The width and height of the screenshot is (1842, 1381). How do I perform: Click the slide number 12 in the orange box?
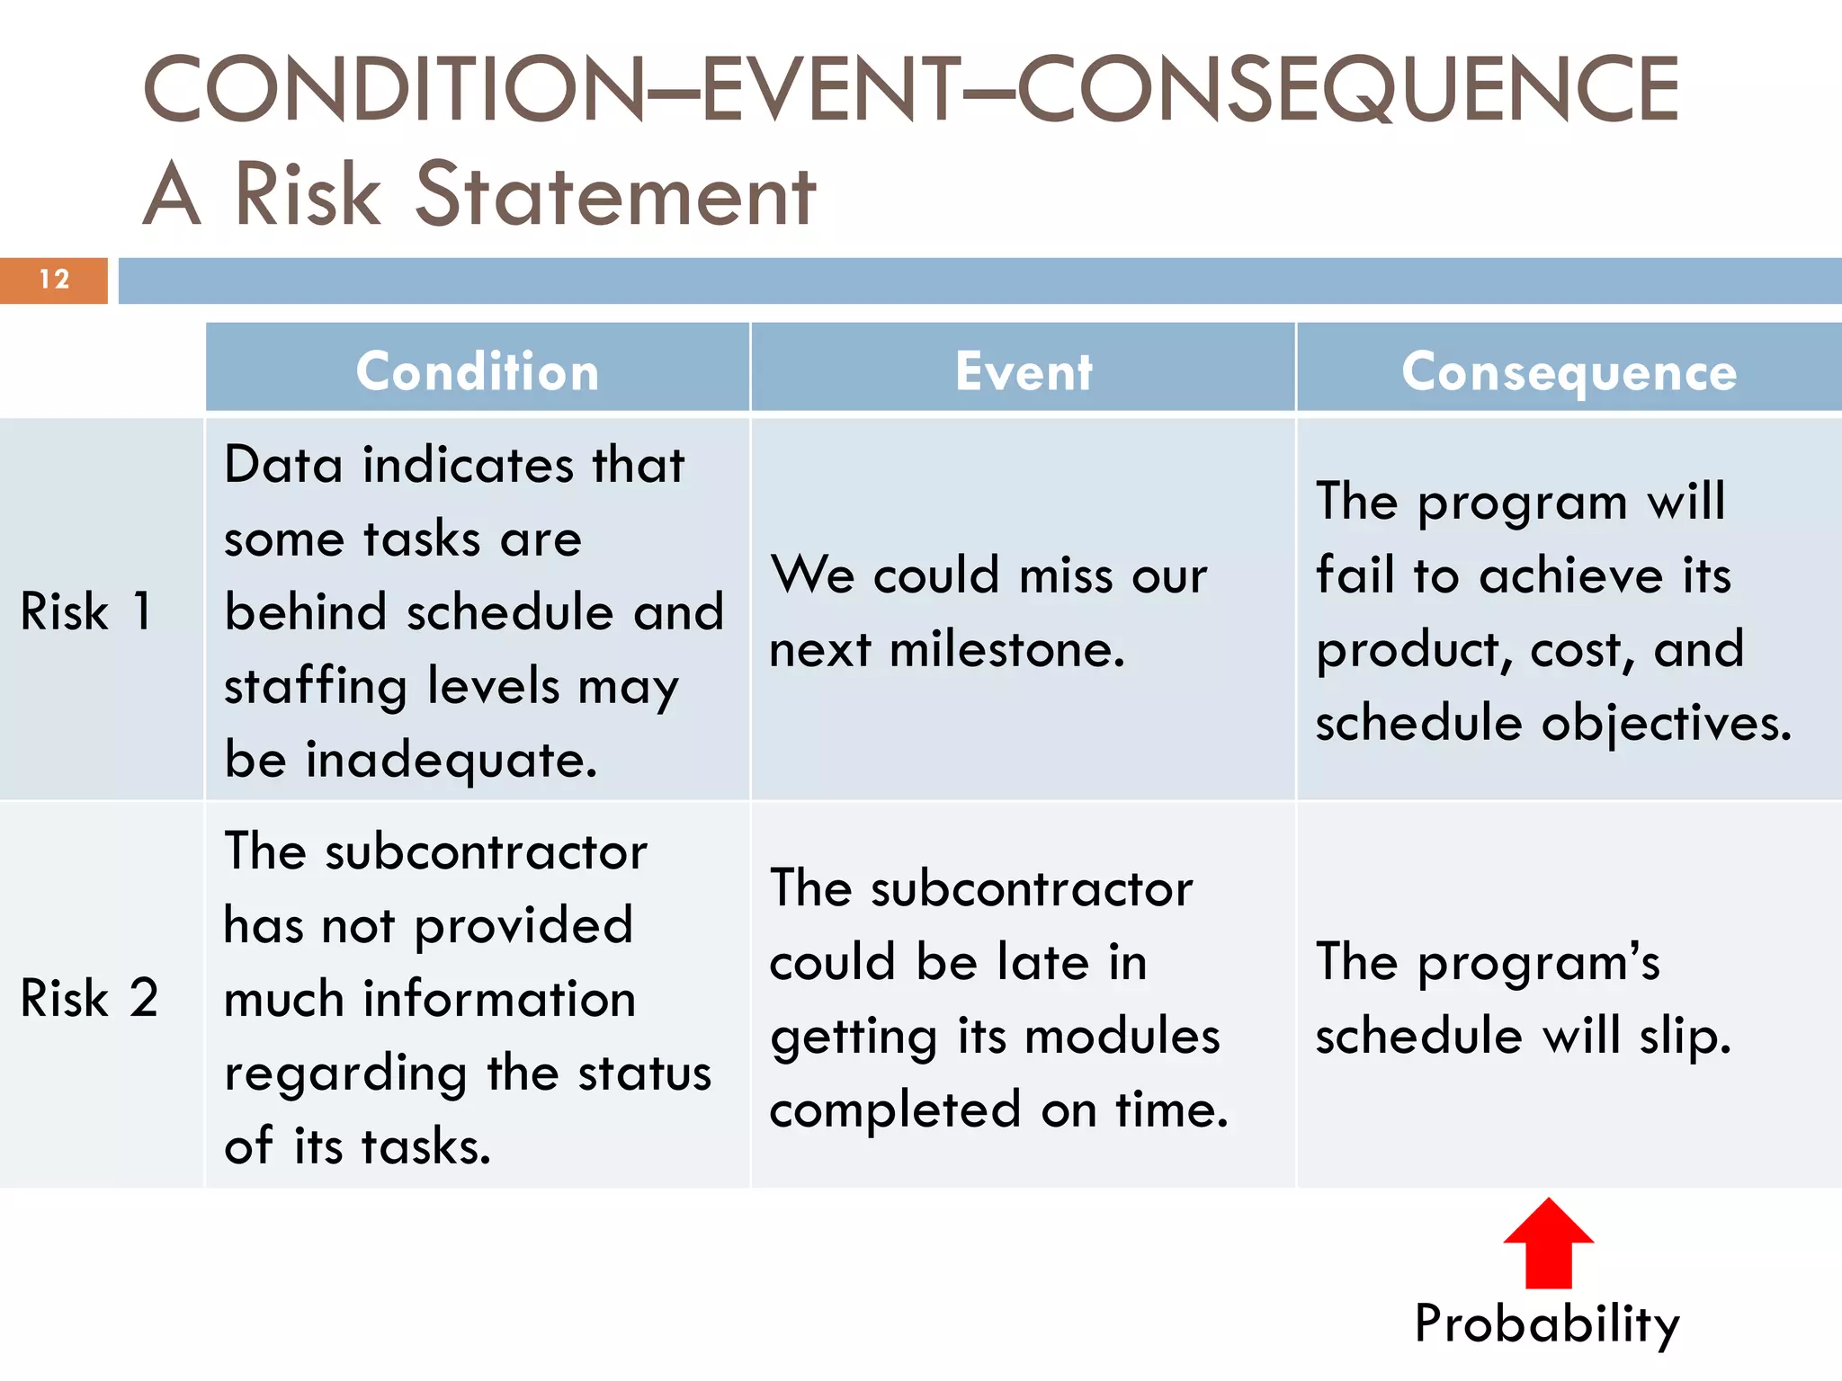click(54, 280)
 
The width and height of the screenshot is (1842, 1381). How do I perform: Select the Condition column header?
click(478, 371)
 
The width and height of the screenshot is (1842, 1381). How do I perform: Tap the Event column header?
click(1024, 371)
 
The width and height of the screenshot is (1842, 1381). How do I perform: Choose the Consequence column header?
click(1569, 371)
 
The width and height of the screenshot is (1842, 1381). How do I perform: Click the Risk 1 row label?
click(86, 611)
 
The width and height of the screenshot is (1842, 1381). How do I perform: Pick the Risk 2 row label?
click(89, 997)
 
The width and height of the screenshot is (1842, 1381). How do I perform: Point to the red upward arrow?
click(1548, 1244)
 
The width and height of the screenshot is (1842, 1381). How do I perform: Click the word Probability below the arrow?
click(1546, 1323)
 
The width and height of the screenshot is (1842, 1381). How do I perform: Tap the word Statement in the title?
click(615, 194)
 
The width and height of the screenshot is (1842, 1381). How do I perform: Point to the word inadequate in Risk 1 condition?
click(452, 760)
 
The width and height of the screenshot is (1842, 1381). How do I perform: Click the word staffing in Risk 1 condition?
click(316, 687)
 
